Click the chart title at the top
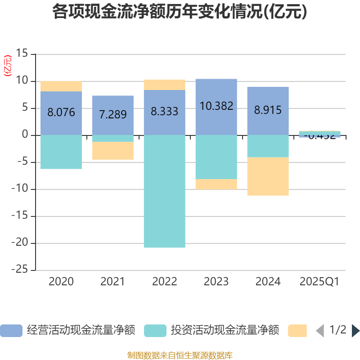[180, 12]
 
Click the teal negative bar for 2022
[164, 191]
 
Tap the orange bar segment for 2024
[268, 176]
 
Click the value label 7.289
[112, 114]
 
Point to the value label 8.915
[268, 110]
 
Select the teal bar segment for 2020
[61, 152]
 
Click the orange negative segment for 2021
[112, 151]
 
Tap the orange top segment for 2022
[164, 85]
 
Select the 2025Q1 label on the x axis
[319, 282]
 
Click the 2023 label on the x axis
[216, 282]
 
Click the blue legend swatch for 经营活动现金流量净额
[11, 331]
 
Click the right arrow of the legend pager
[355, 331]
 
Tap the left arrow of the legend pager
[320, 331]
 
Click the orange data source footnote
[180, 355]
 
